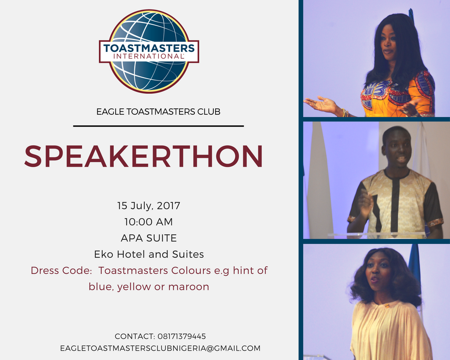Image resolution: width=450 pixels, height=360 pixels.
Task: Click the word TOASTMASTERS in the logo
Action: tap(149, 48)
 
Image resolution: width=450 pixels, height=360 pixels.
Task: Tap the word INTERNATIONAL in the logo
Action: tap(149, 56)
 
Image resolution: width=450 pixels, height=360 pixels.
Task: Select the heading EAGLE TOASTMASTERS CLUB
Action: tap(158, 112)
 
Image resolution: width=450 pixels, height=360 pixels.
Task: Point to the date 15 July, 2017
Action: tap(149, 206)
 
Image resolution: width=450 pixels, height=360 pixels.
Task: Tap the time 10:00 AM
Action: tap(149, 222)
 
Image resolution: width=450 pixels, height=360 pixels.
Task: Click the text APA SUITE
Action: tap(149, 238)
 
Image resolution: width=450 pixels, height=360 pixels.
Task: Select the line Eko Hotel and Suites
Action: tap(149, 254)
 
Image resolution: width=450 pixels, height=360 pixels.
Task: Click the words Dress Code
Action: tap(61, 270)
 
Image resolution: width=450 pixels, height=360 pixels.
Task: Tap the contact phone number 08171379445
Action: tap(181, 336)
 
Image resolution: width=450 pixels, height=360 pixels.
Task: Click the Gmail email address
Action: tap(160, 348)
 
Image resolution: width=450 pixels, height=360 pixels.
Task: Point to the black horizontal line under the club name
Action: tap(159, 126)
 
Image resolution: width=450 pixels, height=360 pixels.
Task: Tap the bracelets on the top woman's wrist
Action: tap(345, 112)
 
